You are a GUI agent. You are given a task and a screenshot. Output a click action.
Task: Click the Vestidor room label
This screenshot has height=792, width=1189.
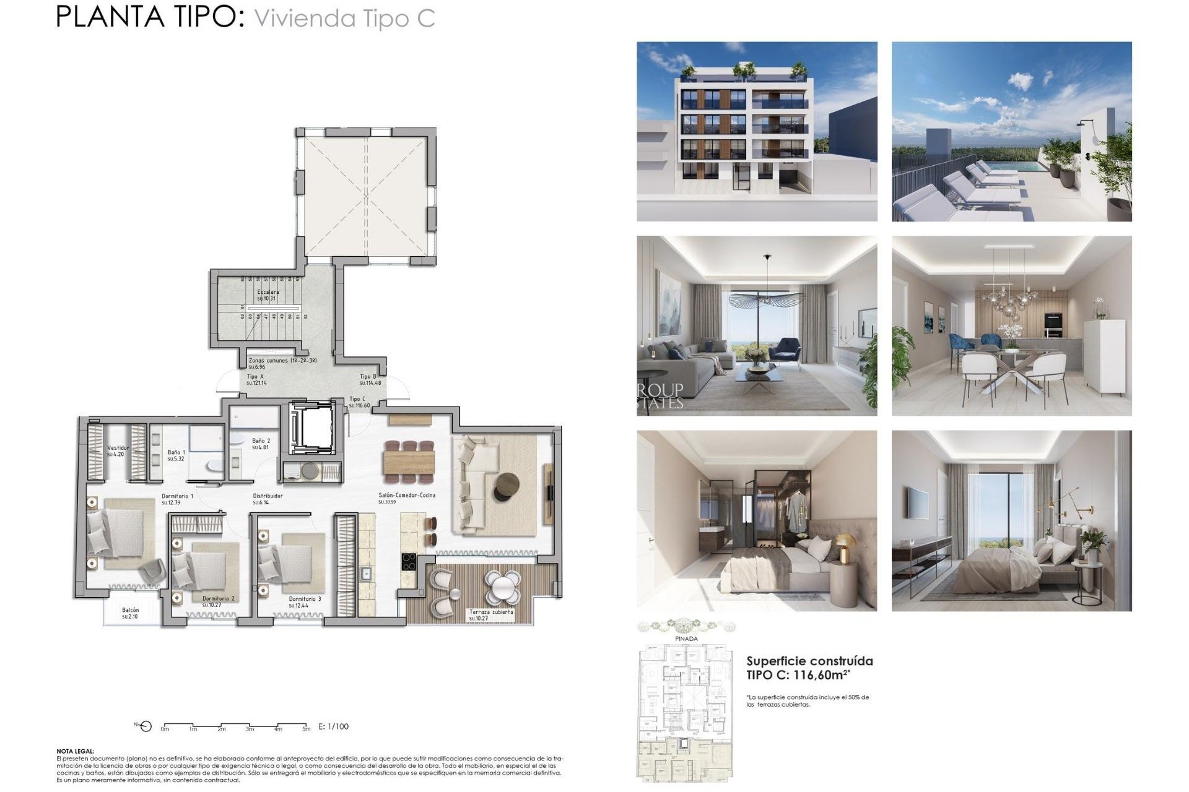point(118,448)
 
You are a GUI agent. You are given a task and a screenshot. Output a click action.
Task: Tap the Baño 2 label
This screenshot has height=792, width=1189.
point(261,441)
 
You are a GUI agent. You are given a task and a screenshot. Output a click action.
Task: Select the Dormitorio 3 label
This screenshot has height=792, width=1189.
point(305,599)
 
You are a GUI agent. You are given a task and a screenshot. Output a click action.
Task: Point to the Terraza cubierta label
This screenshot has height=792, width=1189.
point(490,612)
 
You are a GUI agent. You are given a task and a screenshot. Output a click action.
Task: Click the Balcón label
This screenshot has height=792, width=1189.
point(130,610)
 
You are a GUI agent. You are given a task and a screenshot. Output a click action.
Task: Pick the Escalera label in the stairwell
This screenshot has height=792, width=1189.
point(268,292)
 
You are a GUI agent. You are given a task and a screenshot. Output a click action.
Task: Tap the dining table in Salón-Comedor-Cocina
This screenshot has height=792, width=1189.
point(409,462)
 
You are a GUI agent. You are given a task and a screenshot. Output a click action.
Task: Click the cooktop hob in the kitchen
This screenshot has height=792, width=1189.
point(409,562)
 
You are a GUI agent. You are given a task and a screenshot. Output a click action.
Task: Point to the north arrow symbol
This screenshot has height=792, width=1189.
point(145,726)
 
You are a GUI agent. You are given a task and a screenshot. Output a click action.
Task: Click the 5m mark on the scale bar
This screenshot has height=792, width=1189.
point(307,729)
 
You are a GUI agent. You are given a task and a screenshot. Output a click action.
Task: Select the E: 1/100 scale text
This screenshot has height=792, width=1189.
point(333,726)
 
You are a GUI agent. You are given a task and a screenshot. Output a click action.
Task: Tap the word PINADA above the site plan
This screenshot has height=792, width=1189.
point(686,639)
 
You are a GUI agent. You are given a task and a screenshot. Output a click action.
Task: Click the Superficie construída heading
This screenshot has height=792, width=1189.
point(809,661)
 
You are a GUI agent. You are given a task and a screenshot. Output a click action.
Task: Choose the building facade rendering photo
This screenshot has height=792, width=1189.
point(757,131)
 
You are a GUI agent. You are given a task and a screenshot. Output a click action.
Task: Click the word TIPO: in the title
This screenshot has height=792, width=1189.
point(203,17)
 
